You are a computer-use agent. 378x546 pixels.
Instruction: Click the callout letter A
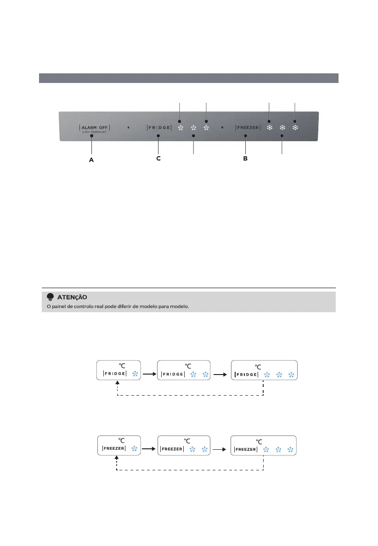click(91, 160)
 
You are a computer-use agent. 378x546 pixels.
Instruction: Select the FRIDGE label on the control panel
click(159, 127)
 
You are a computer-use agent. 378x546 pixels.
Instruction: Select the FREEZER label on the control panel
click(248, 127)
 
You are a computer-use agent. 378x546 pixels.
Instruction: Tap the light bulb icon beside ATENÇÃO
click(50, 297)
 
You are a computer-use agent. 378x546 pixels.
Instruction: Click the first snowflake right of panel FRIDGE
click(180, 128)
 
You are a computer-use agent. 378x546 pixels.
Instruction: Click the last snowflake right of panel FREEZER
click(295, 127)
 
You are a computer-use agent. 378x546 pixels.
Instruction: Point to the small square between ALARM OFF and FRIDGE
click(129, 127)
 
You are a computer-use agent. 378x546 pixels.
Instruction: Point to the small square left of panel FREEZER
click(222, 127)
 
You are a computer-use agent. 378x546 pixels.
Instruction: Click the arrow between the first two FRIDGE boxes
click(149, 374)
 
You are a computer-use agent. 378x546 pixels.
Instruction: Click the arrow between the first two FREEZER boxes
click(149, 449)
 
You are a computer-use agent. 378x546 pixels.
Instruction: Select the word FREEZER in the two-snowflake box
click(172, 449)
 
